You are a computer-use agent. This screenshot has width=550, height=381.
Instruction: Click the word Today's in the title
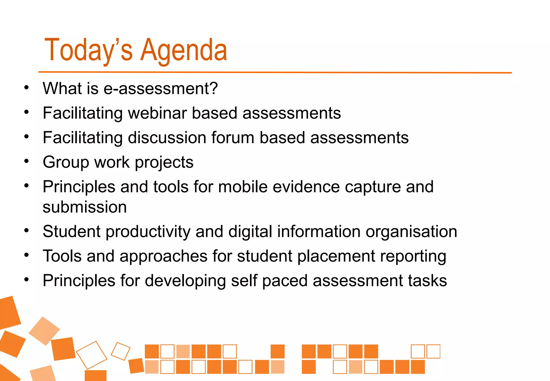(89, 51)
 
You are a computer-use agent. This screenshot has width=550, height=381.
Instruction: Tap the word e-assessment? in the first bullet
(161, 88)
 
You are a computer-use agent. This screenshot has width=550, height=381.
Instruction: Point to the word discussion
(167, 138)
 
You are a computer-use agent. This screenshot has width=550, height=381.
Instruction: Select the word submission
(85, 207)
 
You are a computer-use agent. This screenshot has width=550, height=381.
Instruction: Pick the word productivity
(148, 232)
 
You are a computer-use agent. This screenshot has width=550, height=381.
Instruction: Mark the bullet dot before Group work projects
(26, 161)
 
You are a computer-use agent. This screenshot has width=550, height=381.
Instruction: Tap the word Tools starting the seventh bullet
(62, 256)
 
